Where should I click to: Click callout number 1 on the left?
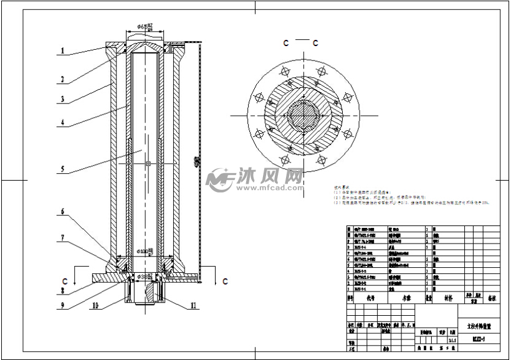tap(63, 52)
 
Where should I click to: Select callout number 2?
tap(63, 79)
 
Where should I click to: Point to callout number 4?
tap(63, 123)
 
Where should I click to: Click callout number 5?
tap(63, 168)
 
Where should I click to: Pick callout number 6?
tap(62, 212)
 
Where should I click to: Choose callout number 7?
tap(62, 237)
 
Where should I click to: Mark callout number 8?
tap(62, 290)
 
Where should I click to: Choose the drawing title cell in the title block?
tap(479, 324)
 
